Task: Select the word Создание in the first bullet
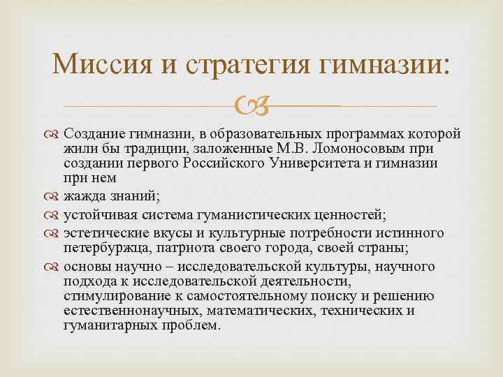pyautogui.click(x=92, y=133)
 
